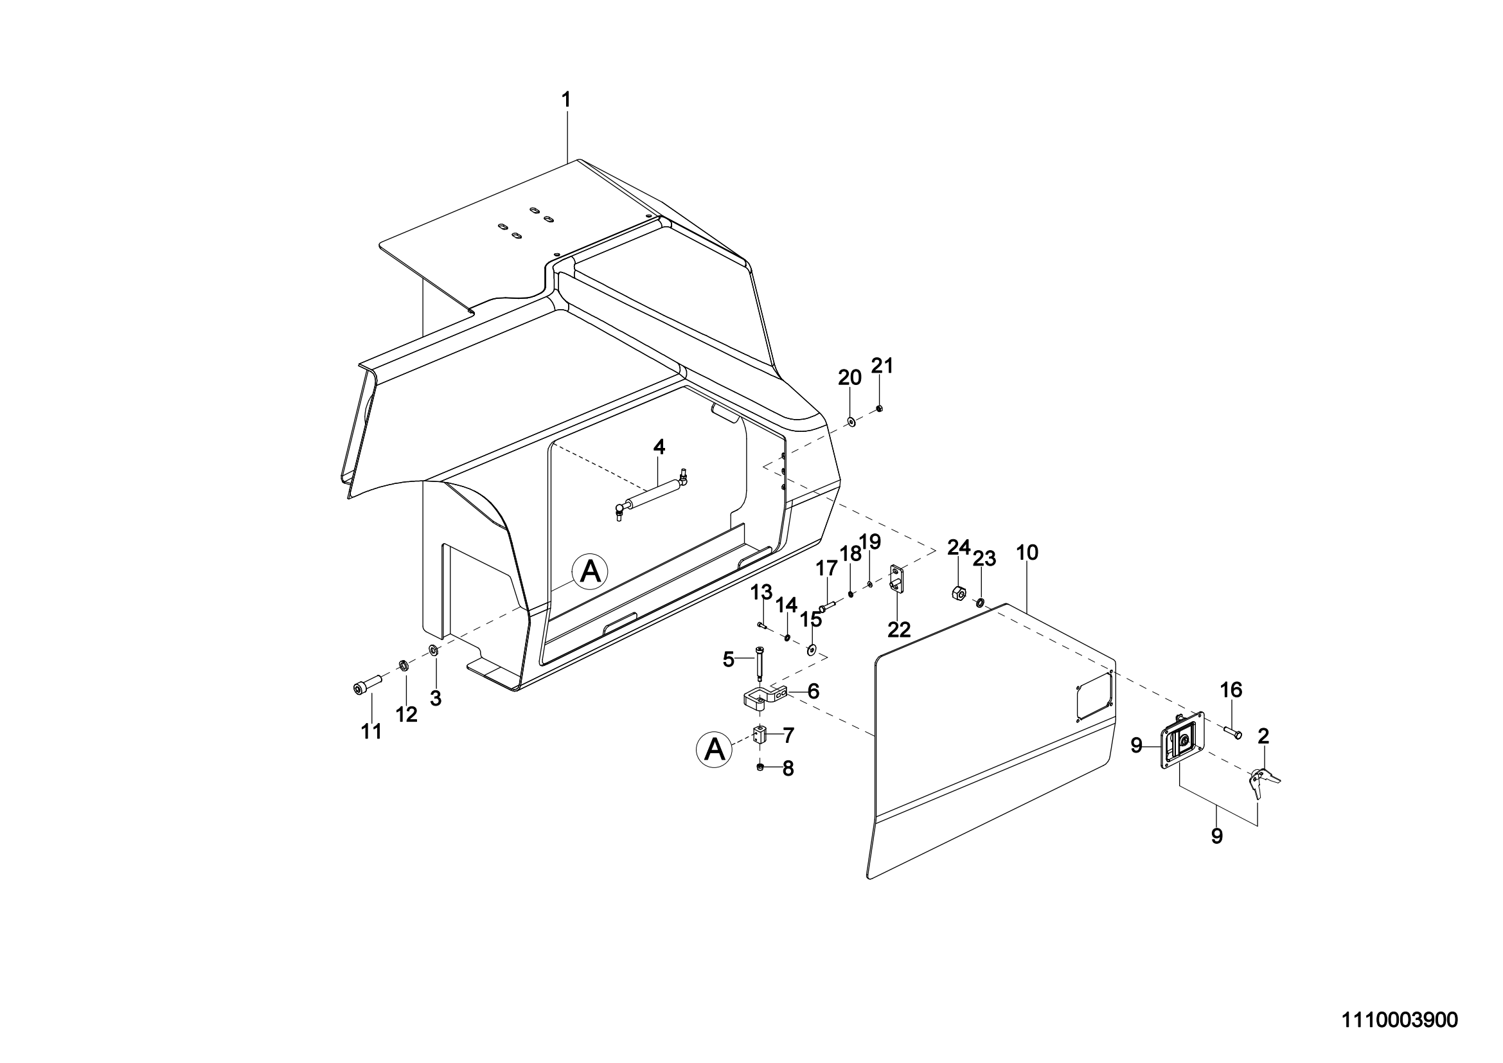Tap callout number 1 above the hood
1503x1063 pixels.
point(566,100)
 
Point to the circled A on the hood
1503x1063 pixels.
point(591,571)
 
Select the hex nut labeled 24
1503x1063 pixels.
point(956,593)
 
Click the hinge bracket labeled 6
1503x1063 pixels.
point(765,697)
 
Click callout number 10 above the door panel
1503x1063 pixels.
point(1026,553)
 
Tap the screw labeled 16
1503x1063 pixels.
point(1232,734)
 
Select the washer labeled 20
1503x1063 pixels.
point(850,422)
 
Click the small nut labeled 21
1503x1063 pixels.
point(880,409)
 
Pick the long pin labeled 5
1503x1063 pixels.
point(760,664)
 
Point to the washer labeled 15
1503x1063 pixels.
point(812,650)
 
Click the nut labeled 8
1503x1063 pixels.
point(760,767)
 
